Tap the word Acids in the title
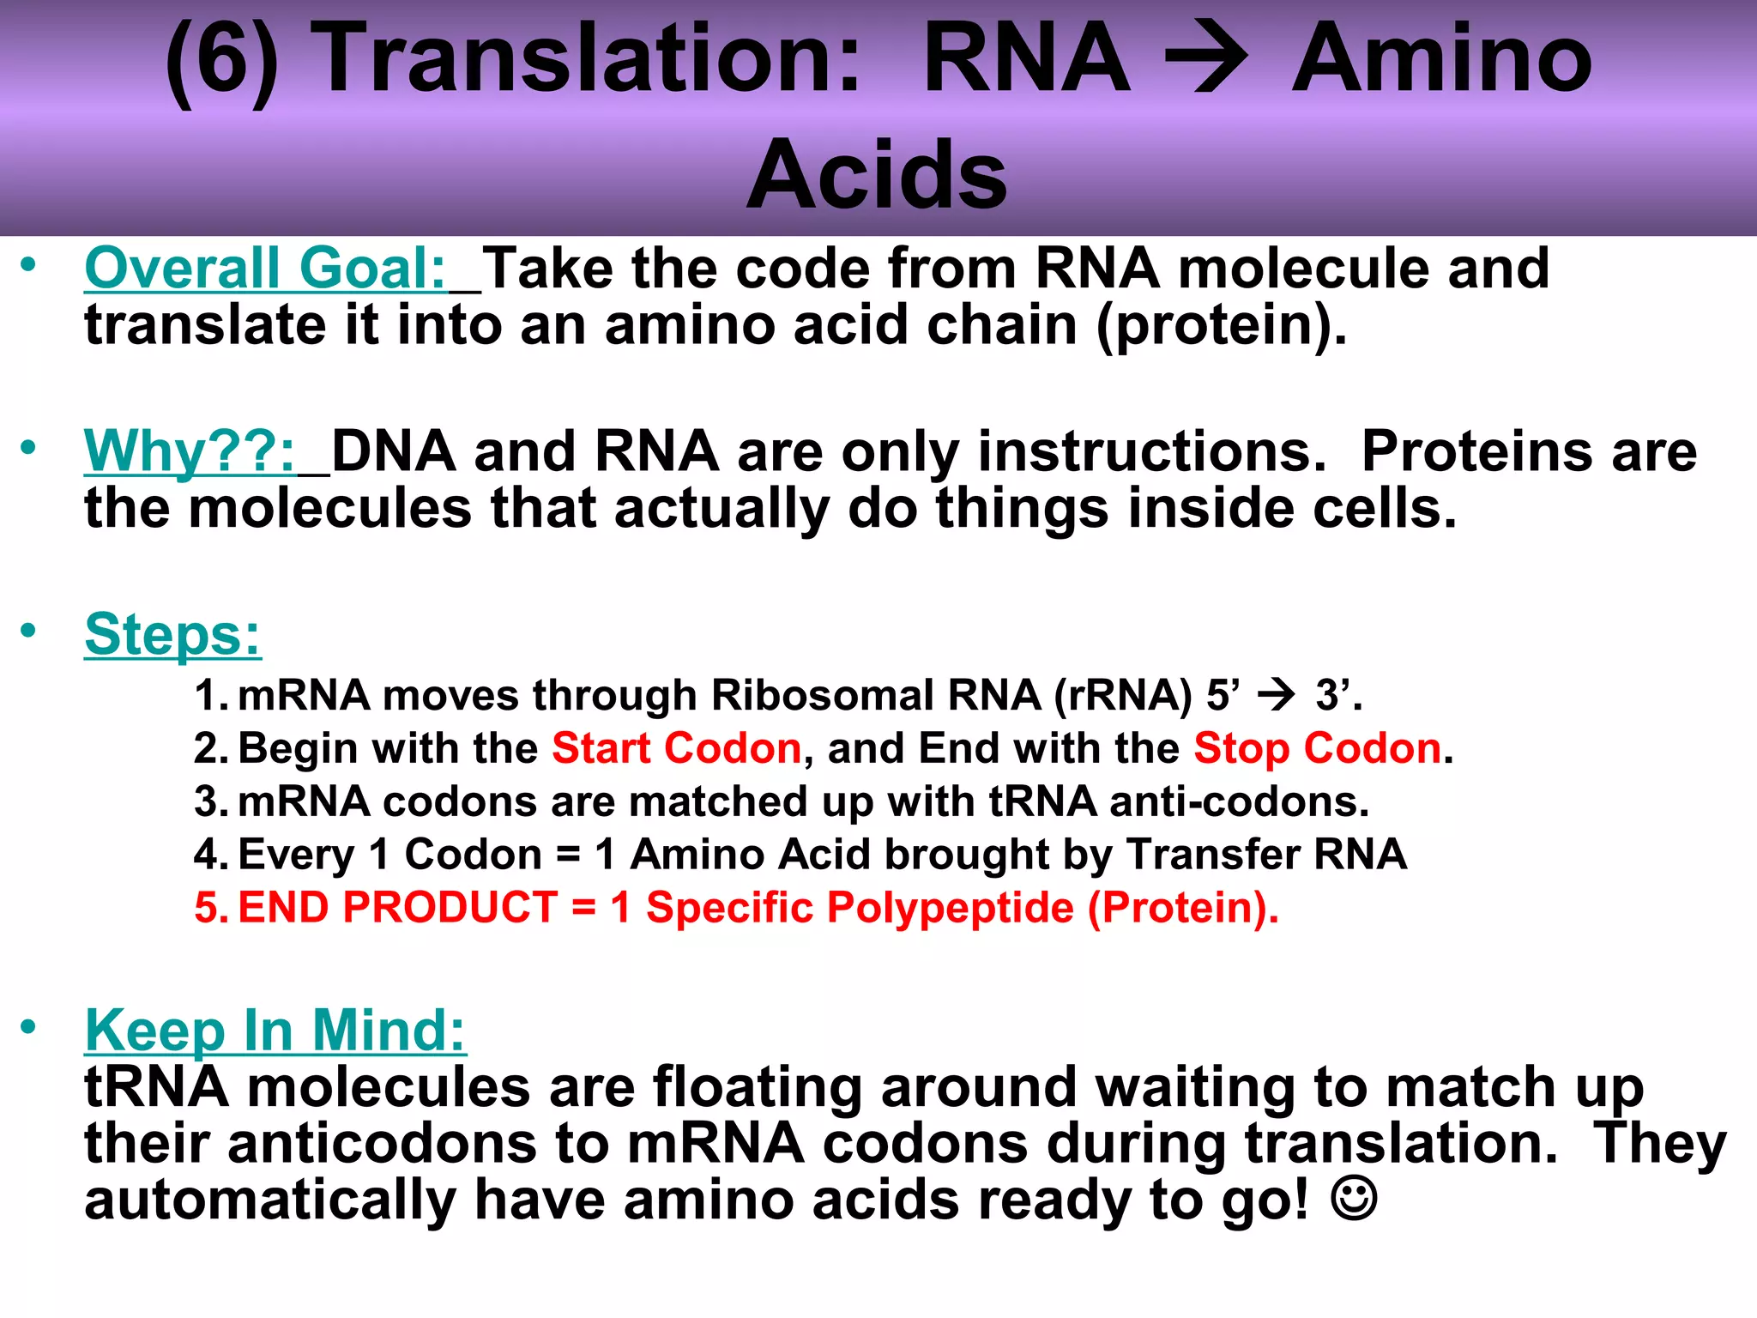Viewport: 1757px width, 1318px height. [877, 175]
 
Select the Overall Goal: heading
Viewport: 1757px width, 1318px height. [265, 269]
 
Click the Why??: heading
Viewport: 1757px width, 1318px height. [190, 451]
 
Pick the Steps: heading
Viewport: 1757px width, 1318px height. [172, 635]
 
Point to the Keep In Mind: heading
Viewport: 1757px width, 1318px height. [275, 1030]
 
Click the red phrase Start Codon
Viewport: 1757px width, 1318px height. [676, 748]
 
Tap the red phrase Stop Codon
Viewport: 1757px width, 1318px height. [1317, 748]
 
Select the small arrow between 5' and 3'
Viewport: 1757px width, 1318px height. [1277, 694]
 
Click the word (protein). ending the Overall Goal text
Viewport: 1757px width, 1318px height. [1222, 326]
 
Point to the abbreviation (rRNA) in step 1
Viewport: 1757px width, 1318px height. [1122, 695]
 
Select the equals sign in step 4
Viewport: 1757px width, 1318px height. [568, 855]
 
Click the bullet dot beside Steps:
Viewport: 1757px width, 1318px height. [29, 631]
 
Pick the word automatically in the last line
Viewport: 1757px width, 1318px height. [270, 1200]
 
